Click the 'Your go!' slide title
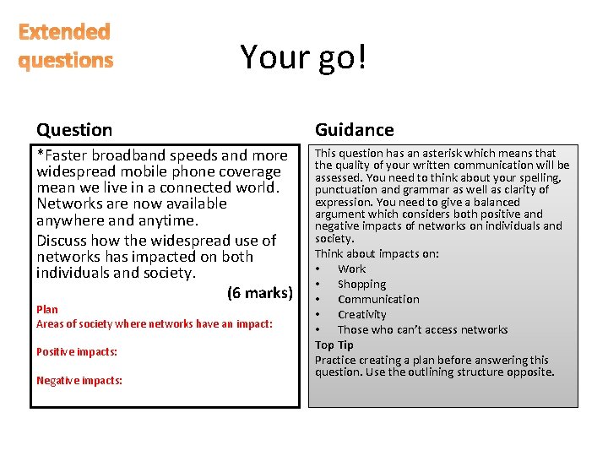(303, 57)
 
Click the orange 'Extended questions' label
(65, 46)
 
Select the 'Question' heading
(74, 129)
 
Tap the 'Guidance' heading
(354, 129)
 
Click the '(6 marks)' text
(259, 293)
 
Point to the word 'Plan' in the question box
(47, 309)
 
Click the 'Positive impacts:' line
(77, 351)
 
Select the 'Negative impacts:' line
(79, 380)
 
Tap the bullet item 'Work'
(351, 269)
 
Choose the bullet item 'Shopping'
(361, 284)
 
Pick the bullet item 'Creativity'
(361, 314)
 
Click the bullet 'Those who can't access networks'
(422, 329)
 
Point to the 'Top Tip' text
(334, 345)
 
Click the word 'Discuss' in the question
(62, 241)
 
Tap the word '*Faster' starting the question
(62, 155)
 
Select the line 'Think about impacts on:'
(377, 253)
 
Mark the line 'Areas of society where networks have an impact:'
(155, 323)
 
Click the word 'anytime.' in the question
(171, 220)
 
